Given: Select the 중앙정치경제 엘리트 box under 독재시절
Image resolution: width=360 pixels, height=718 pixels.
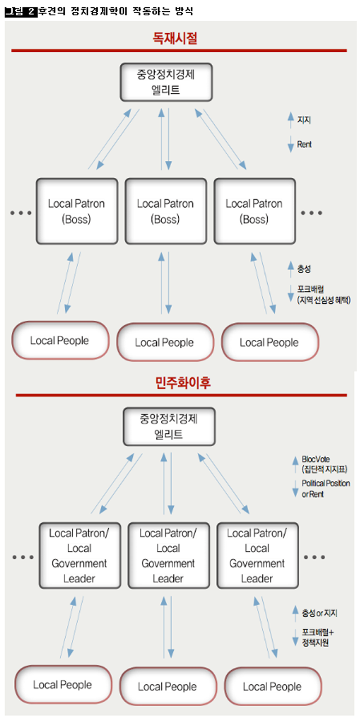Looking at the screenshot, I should tap(166, 82).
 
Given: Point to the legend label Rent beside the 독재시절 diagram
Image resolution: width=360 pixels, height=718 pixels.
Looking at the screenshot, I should tap(304, 145).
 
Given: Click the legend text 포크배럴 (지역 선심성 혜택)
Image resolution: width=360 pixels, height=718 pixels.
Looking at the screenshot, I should tap(323, 295).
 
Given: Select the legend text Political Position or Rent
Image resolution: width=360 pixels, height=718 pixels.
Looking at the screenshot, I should tap(325, 488).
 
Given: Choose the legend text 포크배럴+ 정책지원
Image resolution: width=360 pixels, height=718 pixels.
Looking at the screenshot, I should tap(318, 637).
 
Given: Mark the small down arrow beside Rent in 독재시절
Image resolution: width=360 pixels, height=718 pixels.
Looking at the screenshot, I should tap(290, 145).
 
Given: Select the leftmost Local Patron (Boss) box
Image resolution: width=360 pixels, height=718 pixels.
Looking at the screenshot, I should tap(76, 211).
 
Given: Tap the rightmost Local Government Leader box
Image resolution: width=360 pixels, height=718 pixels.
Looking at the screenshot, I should tap(257, 555).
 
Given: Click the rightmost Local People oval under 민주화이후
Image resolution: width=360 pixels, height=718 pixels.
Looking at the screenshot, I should tap(272, 686).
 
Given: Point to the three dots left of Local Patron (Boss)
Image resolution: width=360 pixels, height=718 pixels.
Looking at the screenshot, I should tap(21, 213).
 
